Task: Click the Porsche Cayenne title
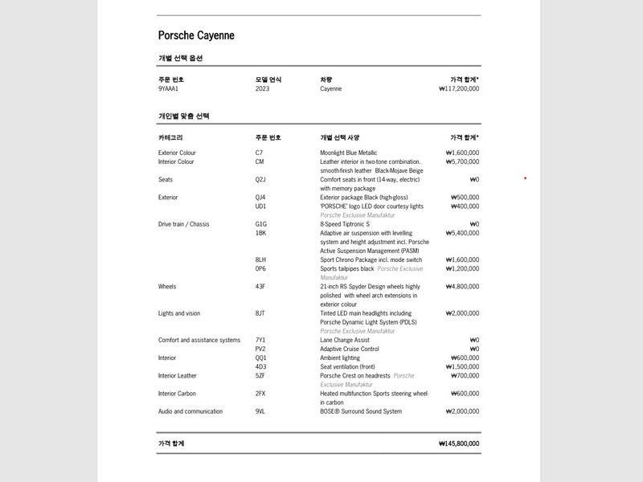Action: click(196, 35)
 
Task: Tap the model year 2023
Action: click(262, 88)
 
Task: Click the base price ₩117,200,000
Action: click(459, 88)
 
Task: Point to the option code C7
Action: click(259, 153)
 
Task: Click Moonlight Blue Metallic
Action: click(348, 153)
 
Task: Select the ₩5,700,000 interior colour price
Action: click(462, 161)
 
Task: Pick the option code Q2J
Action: click(260, 179)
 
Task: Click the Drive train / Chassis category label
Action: click(183, 224)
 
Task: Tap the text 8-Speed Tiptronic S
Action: click(345, 224)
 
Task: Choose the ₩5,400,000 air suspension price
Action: click(462, 233)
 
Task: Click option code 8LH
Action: click(260, 259)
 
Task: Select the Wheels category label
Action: click(167, 286)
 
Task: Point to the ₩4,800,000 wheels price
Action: click(462, 286)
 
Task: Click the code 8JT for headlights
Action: click(260, 313)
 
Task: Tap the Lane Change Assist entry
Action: click(345, 340)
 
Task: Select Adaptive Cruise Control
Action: click(349, 349)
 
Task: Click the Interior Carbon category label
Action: click(177, 394)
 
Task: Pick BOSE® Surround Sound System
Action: click(360, 411)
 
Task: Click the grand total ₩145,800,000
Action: click(459, 443)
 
